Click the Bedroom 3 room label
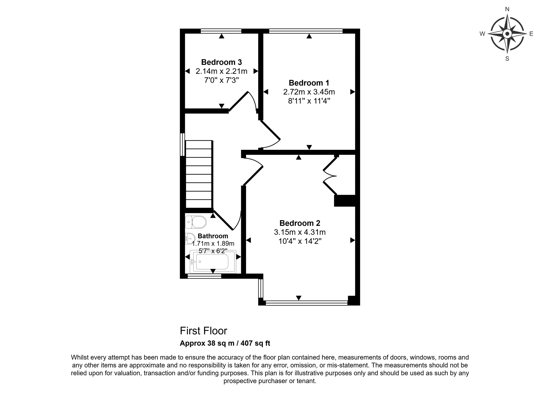[x=221, y=62]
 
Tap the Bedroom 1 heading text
[x=309, y=83]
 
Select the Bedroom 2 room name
[x=300, y=223]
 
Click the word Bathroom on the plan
[x=213, y=236]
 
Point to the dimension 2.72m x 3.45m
[x=309, y=92]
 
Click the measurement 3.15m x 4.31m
[x=300, y=232]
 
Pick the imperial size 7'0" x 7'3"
[x=221, y=80]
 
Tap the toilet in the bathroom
[x=196, y=222]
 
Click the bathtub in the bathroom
[x=213, y=262]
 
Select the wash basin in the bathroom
[x=190, y=239]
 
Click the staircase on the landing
[x=199, y=174]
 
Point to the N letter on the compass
[x=507, y=9]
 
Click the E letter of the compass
[x=531, y=34]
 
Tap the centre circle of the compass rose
[x=507, y=34]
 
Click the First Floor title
[x=204, y=331]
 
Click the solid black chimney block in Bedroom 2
[x=345, y=201]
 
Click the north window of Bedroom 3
[x=221, y=31]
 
